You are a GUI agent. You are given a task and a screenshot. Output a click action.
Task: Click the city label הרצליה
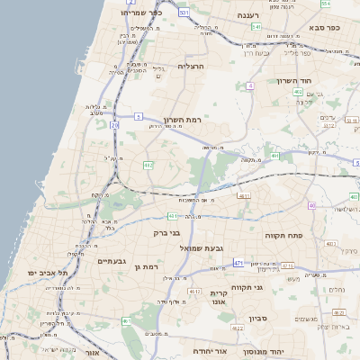[x=192, y=67]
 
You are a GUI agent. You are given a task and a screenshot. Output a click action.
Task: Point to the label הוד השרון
[x=293, y=80]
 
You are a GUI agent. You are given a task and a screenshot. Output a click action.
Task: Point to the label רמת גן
[x=144, y=266]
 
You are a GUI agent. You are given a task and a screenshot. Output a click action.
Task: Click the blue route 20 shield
[x=115, y=126]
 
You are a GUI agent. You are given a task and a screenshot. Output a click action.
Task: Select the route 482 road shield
[x=148, y=165]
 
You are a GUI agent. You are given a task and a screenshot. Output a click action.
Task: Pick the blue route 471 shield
[x=238, y=262]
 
